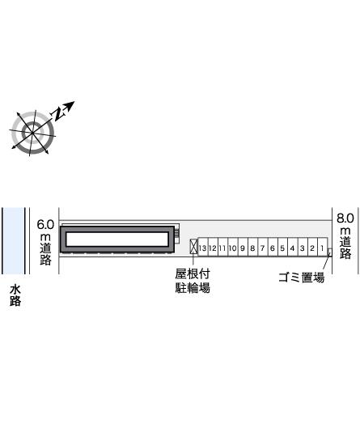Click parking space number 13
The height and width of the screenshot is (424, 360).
coord(203,247)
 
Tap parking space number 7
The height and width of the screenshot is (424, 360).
coord(263,247)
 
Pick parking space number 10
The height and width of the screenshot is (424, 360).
coord(233,247)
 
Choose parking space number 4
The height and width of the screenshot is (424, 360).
coord(293,247)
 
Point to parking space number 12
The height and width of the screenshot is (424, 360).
coord(213,247)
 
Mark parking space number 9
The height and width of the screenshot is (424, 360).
coord(243,247)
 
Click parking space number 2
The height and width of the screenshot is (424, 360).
coord(313,247)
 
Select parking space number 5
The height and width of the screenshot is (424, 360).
coord(282,247)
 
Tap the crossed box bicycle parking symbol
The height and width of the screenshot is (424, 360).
coord(193,246)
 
